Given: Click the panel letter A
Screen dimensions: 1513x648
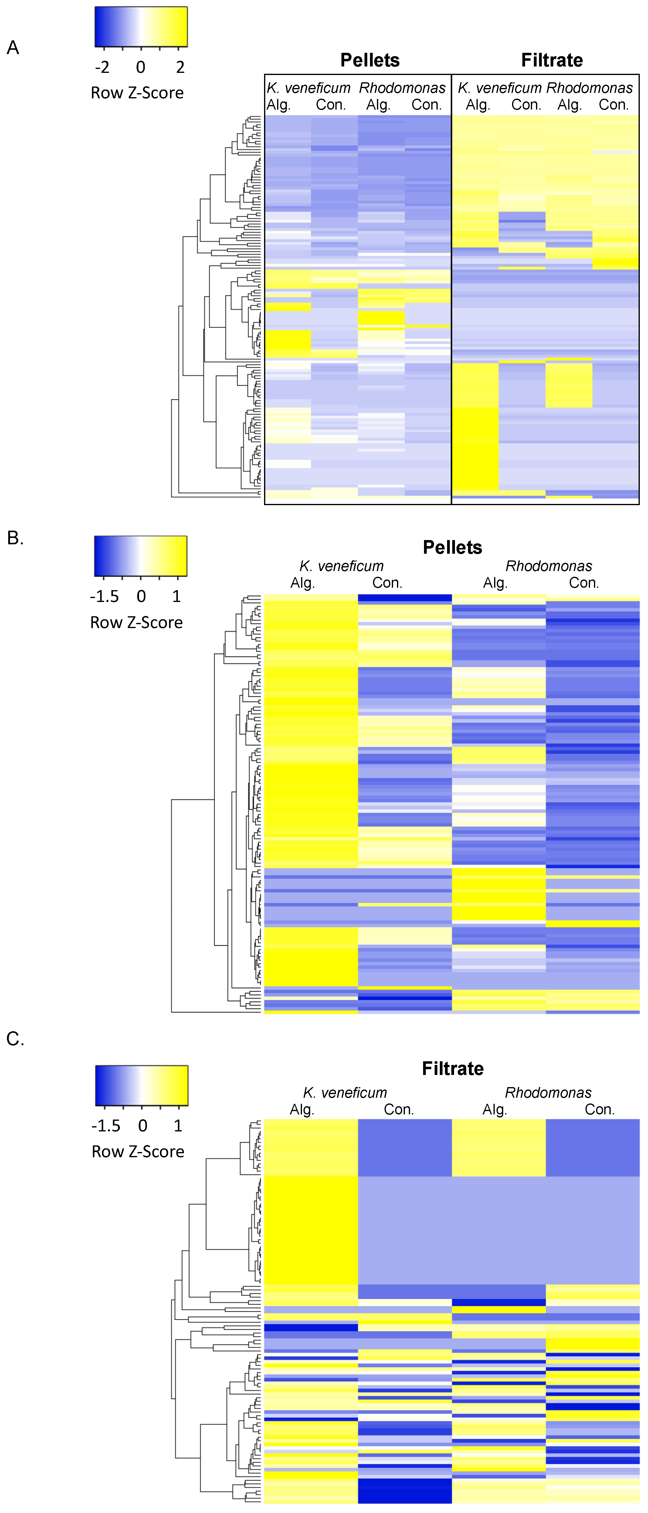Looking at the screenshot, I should pos(13,48).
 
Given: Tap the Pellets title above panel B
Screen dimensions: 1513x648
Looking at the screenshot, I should pos(452,547).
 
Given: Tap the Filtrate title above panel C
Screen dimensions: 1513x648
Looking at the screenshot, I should pos(452,1068).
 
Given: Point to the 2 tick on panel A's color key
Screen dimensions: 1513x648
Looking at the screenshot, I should pos(180,67).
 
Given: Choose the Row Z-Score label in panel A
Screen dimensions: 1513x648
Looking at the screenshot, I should pos(137,93).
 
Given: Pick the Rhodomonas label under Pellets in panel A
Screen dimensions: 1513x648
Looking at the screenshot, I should pos(402,88).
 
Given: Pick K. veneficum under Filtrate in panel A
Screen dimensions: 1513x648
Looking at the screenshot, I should pos(499,88).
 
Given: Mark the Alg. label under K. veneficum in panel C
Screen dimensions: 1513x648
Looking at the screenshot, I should pos(302,1110).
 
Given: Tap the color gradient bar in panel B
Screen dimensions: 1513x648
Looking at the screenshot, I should pos(141,556).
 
